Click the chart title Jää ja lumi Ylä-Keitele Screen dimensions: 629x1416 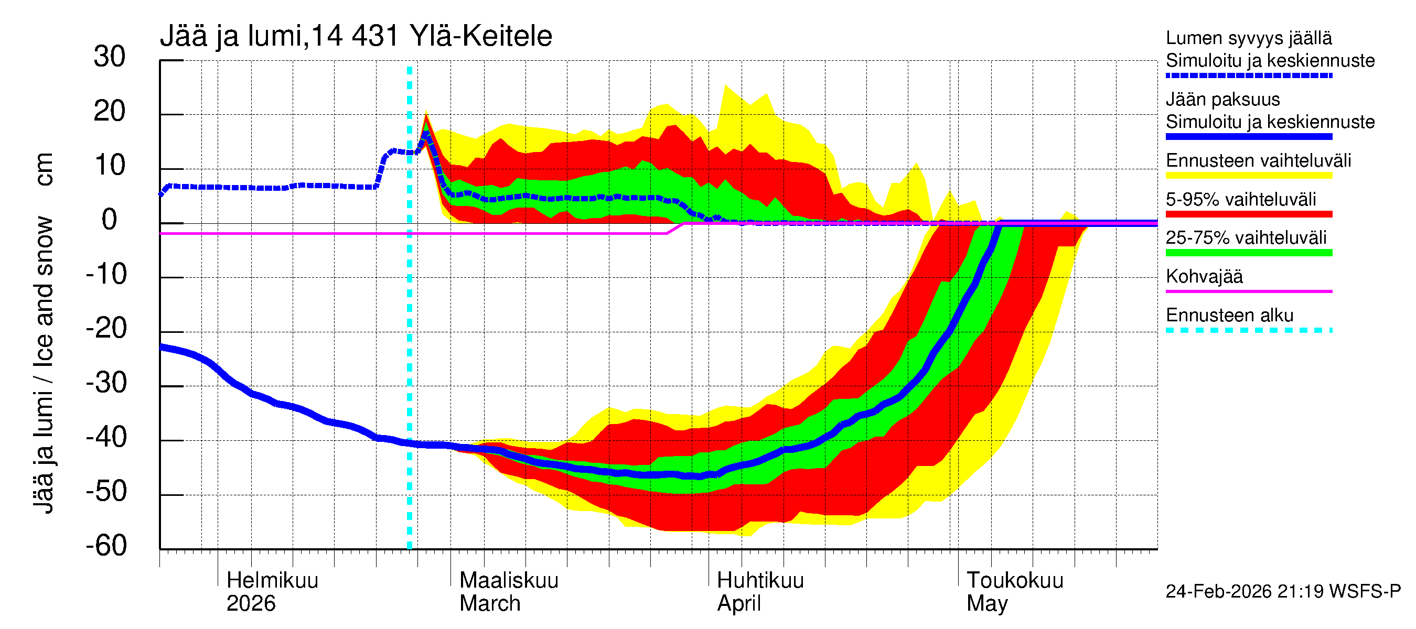pyautogui.click(x=356, y=36)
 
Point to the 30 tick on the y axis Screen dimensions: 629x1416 pyautogui.click(x=110, y=57)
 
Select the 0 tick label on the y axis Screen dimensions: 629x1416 pyautogui.click(x=110, y=220)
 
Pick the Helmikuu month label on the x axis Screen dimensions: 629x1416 pyautogui.click(x=272, y=581)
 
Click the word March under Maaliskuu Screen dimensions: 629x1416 pyautogui.click(x=490, y=604)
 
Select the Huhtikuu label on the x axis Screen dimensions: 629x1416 pyautogui.click(x=760, y=581)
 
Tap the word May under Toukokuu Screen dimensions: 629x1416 pyautogui.click(x=987, y=604)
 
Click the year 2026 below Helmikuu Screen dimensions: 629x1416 pyautogui.click(x=251, y=604)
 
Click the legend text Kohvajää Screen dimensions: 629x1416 pyautogui.click(x=1204, y=276)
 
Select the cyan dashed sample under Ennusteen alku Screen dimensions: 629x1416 pyautogui.click(x=1248, y=330)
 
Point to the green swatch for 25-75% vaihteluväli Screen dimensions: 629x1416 pyautogui.click(x=1248, y=253)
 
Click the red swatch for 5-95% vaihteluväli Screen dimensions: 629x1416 pyautogui.click(x=1248, y=214)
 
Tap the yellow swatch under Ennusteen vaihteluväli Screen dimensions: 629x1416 pyautogui.click(x=1248, y=176)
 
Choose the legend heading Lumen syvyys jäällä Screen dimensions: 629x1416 pyautogui.click(x=1248, y=38)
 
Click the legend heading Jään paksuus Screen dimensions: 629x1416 pyautogui.click(x=1222, y=100)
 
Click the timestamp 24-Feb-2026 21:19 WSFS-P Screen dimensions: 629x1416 pyautogui.click(x=1283, y=592)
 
